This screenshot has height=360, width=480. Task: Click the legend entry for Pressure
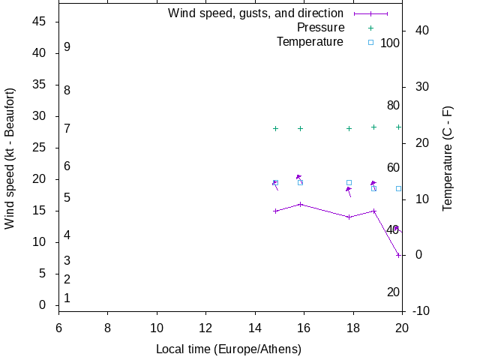(x=320, y=28)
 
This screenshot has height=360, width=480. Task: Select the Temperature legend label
(x=310, y=42)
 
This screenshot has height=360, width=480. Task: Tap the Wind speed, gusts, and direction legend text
(x=256, y=13)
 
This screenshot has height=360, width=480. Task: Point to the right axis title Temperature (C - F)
(x=448, y=158)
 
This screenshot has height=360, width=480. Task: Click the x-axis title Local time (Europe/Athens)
(x=229, y=349)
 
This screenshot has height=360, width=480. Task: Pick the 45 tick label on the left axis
(x=40, y=22)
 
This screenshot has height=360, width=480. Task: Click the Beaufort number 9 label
(x=67, y=46)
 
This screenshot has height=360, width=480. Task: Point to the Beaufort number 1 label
(x=67, y=298)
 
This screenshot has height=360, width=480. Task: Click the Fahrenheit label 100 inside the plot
(x=390, y=43)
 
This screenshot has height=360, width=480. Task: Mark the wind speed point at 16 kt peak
(x=300, y=204)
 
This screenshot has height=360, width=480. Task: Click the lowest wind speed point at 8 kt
(x=398, y=255)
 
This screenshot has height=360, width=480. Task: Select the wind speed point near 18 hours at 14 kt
(x=349, y=217)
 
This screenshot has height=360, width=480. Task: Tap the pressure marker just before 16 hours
(x=300, y=128)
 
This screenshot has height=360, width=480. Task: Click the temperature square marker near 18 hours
(x=349, y=182)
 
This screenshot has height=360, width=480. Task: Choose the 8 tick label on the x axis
(x=107, y=327)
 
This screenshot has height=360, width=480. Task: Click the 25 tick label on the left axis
(x=40, y=148)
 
